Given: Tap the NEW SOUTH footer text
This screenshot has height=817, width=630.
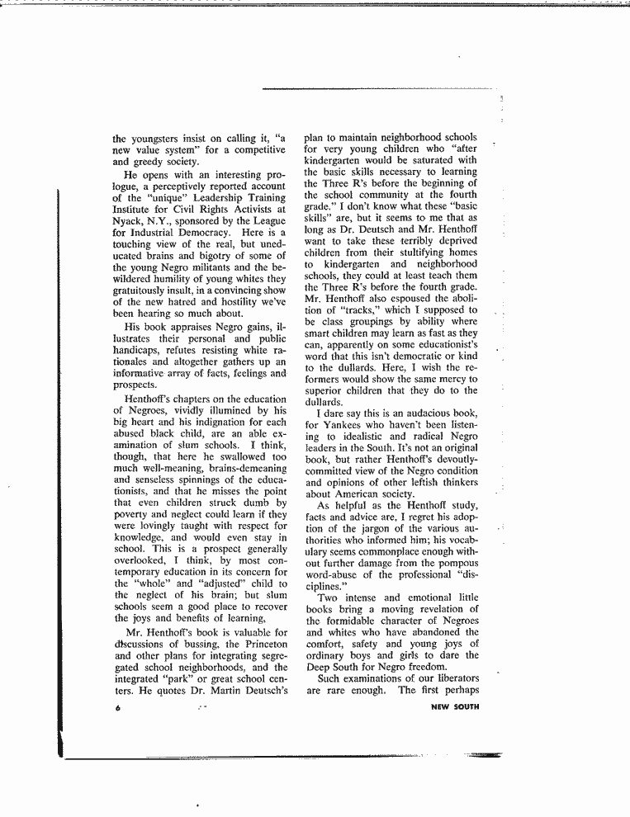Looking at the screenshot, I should (455, 706).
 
